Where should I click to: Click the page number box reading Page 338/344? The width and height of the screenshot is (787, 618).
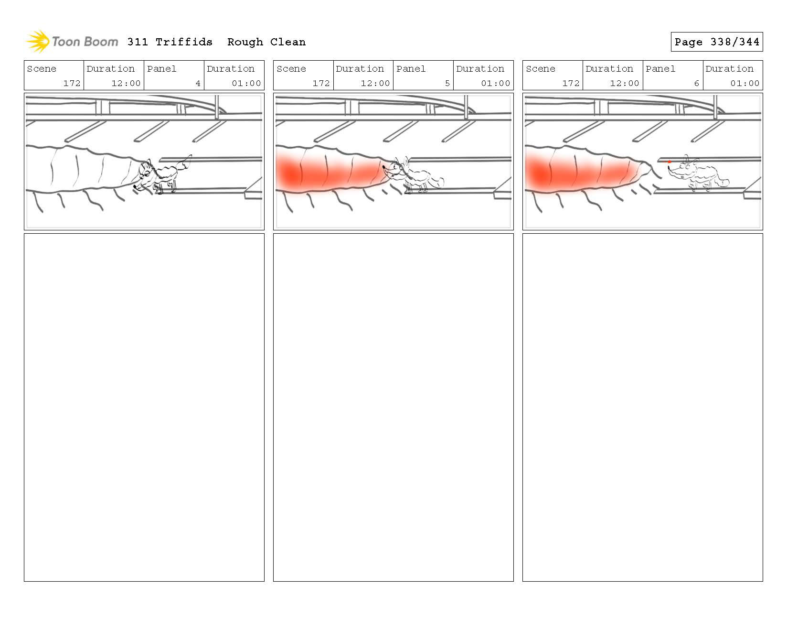tap(716, 42)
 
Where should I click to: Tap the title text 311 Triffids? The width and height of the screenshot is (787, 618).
tap(170, 42)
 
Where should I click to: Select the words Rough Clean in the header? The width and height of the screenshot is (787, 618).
tap(266, 42)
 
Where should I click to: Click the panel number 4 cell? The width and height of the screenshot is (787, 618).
tap(174, 76)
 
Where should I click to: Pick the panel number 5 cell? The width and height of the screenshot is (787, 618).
tap(423, 76)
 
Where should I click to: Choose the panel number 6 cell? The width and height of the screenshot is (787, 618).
tap(672, 76)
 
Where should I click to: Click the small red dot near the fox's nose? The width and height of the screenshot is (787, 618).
tap(669, 162)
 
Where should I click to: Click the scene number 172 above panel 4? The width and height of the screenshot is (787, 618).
tap(72, 83)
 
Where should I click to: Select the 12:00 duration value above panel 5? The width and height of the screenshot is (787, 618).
tap(375, 83)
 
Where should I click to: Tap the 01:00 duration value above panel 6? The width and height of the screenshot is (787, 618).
tap(744, 83)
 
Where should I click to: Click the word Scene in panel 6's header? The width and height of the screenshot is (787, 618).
tap(541, 69)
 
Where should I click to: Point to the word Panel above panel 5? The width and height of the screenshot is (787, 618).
tap(411, 69)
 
